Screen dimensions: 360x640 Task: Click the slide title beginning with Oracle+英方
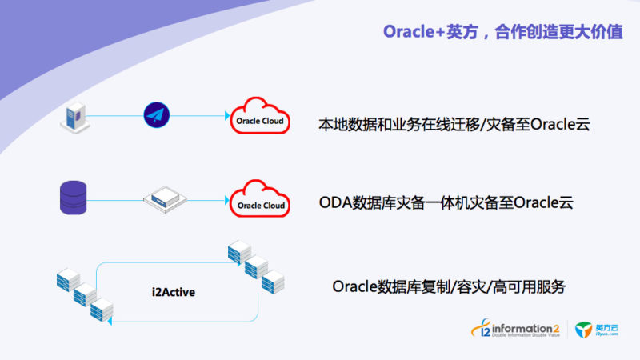[x=503, y=32]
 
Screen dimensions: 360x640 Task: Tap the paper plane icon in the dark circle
[x=158, y=115]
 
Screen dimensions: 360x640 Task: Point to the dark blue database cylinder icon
[x=73, y=198]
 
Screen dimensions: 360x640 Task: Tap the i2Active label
[x=174, y=293]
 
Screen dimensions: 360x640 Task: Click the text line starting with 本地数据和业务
[x=454, y=125]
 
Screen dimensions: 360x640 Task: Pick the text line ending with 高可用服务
[x=448, y=286]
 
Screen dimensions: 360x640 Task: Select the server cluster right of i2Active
[x=256, y=266]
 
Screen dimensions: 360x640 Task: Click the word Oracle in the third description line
[x=354, y=286]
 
